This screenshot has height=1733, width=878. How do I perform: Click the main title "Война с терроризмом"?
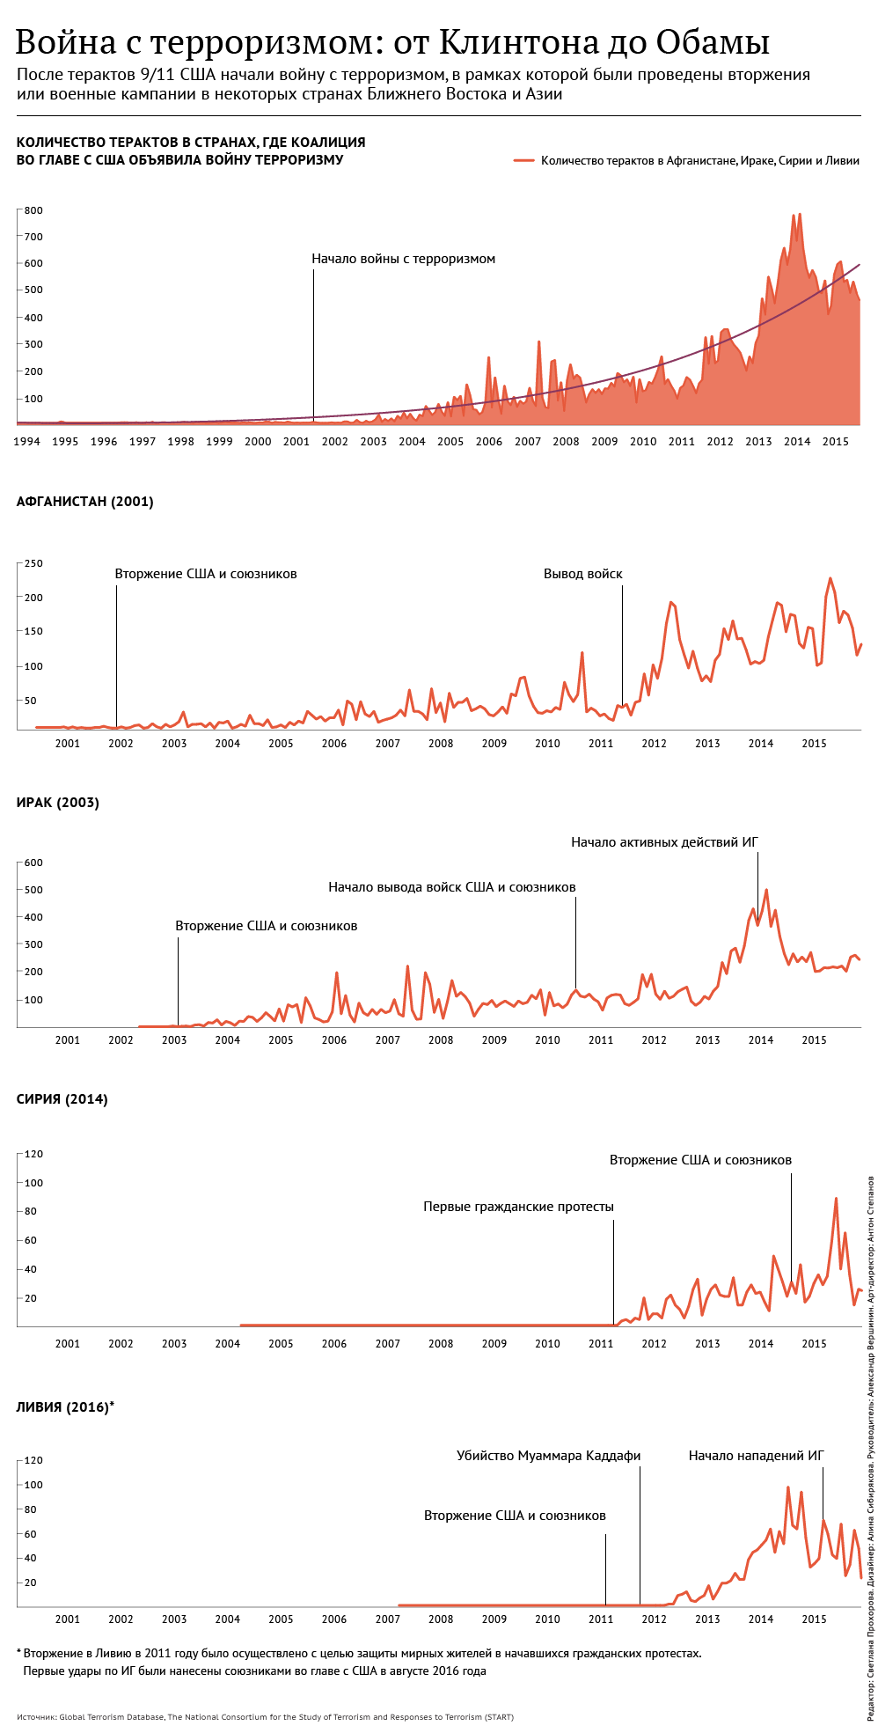pyautogui.click(x=391, y=42)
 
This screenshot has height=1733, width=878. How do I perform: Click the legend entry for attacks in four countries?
pyautogui.click(x=699, y=161)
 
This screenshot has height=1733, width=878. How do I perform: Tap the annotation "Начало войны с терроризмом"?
pyautogui.click(x=403, y=259)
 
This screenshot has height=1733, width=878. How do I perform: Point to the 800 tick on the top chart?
pyautogui.click(x=33, y=210)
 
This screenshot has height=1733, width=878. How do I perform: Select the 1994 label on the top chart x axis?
pyautogui.click(x=26, y=441)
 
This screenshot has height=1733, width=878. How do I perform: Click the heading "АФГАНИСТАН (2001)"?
pyautogui.click(x=85, y=502)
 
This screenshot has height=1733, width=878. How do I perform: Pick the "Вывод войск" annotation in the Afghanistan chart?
pyautogui.click(x=582, y=574)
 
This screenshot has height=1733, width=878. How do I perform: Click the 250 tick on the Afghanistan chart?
pyautogui.click(x=33, y=563)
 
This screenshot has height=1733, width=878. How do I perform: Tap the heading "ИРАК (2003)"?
pyautogui.click(x=58, y=803)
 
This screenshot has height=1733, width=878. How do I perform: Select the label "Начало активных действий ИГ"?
pyautogui.click(x=664, y=842)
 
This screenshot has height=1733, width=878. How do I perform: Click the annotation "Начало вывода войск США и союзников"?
pyautogui.click(x=451, y=887)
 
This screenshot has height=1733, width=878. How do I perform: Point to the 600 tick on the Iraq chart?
pyautogui.click(x=33, y=863)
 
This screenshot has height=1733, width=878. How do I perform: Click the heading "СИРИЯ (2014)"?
pyautogui.click(x=62, y=1099)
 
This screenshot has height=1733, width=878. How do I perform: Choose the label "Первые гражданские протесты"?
pyautogui.click(x=518, y=1207)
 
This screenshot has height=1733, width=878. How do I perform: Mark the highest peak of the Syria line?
pyautogui.click(x=836, y=1199)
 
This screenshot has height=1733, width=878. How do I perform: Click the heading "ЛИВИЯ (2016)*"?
pyautogui.click(x=65, y=1407)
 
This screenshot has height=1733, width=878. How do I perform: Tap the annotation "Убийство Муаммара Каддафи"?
pyautogui.click(x=548, y=1456)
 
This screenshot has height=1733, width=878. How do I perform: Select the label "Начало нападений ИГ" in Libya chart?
pyautogui.click(x=756, y=1456)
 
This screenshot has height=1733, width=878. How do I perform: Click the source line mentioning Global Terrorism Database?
pyautogui.click(x=265, y=1717)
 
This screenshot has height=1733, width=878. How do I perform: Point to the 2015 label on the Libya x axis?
pyautogui.click(x=814, y=1619)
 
